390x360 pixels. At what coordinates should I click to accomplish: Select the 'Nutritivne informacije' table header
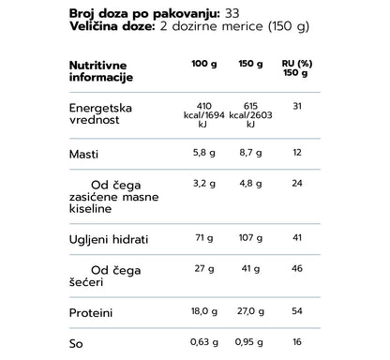coord(100,71)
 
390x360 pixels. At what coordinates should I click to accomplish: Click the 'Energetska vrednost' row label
coord(100,113)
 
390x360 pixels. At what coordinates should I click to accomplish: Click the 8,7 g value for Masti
coord(247,152)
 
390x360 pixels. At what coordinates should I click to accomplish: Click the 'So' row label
coord(76,343)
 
